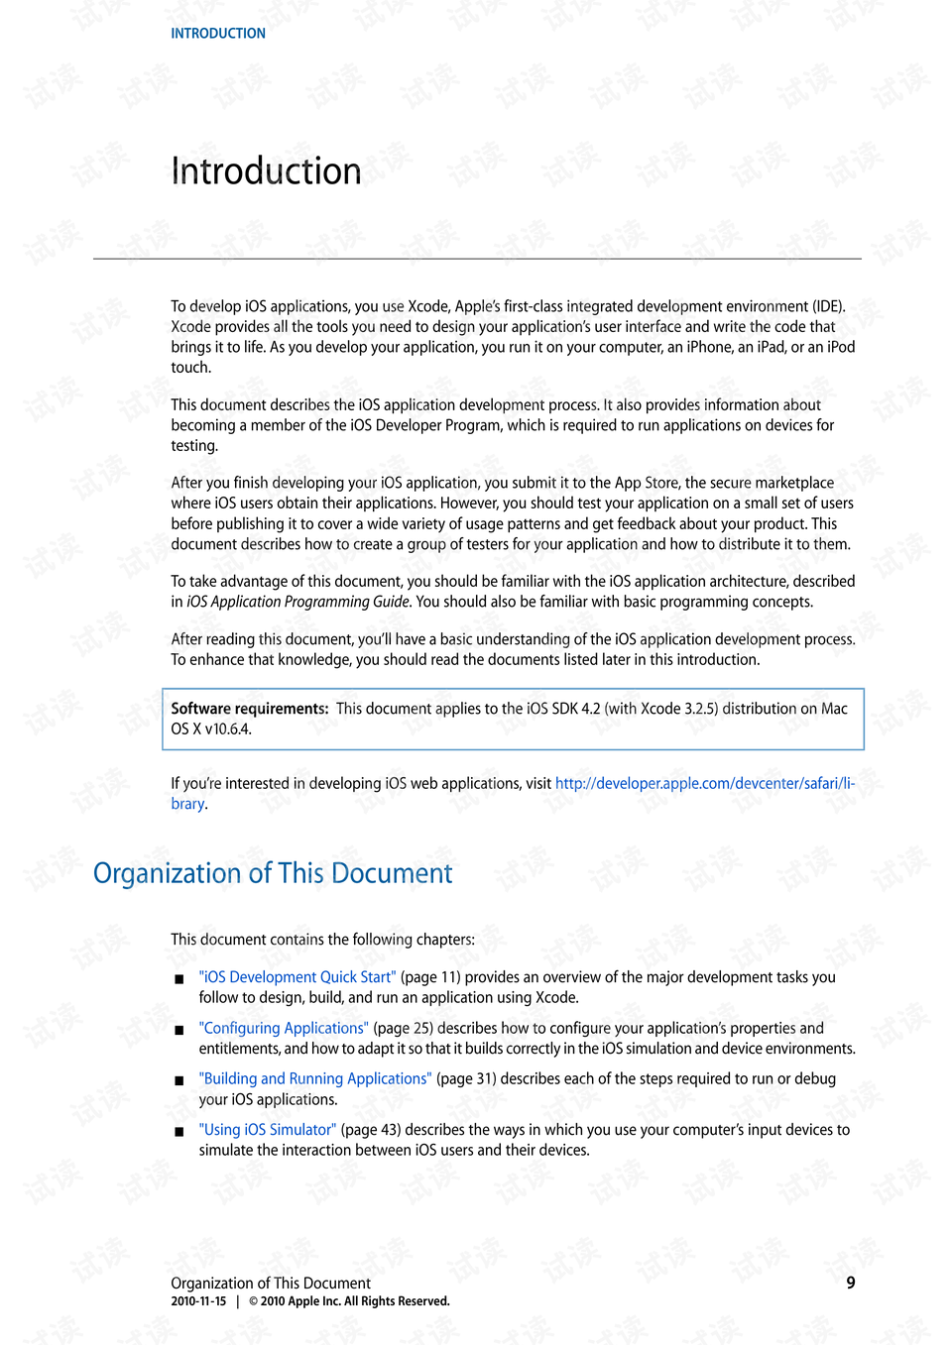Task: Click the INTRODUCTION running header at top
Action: pos(218,34)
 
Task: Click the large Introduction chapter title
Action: pos(266,171)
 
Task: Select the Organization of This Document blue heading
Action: pos(273,873)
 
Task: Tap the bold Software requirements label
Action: pos(249,709)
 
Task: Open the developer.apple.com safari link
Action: pos(704,784)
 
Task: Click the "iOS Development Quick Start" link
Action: pos(297,977)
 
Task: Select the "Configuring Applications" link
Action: pos(284,1028)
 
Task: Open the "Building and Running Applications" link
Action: pos(315,1078)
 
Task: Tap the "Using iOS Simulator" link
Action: pos(268,1130)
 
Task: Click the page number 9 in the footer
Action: pos(851,1283)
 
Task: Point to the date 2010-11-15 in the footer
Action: pos(198,1301)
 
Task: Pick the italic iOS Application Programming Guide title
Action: pos(297,602)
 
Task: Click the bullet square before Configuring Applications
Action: pos(179,1030)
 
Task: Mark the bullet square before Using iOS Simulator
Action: pos(179,1131)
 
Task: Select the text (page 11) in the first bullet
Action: pos(430,977)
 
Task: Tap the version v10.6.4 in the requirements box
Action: pos(228,729)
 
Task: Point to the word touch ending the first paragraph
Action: pos(190,368)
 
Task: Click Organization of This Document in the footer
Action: pos(271,1284)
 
